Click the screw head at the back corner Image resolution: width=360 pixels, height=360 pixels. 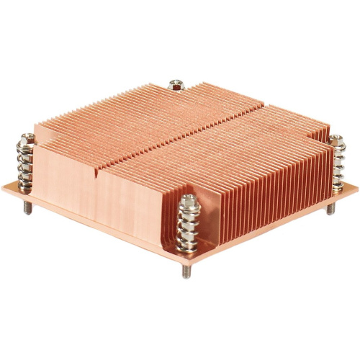point(175,84)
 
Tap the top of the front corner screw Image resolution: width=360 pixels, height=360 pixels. point(189,199)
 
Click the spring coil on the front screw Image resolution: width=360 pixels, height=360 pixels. point(189,227)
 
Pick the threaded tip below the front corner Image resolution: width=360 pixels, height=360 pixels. point(186,273)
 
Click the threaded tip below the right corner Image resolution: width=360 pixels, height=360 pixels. point(330,210)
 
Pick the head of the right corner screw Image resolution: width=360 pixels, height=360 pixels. point(337,140)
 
